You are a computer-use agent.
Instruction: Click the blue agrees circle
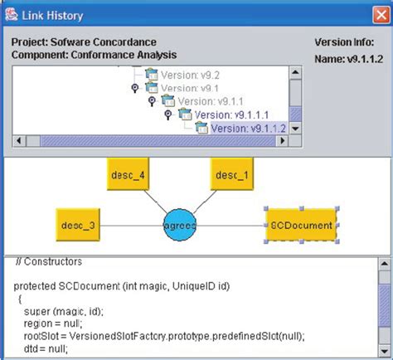[180, 225]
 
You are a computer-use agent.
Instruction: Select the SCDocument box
[301, 225]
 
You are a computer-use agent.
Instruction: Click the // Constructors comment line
[47, 262]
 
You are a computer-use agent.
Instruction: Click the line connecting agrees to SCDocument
[234, 225]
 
